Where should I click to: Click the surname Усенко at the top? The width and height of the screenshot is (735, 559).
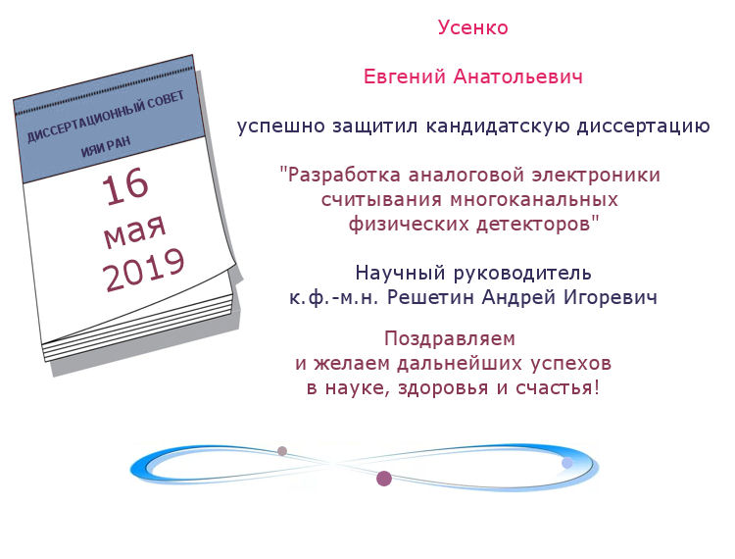tap(473, 27)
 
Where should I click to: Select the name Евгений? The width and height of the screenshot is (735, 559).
tap(404, 76)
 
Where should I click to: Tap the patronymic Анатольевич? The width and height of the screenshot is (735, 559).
tap(518, 76)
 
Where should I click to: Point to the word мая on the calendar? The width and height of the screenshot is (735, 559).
tap(134, 230)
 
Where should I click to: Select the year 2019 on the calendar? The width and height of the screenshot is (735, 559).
tap(143, 270)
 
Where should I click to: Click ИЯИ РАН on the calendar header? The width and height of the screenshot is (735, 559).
tap(106, 147)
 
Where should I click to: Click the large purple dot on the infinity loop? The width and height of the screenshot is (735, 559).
tap(384, 479)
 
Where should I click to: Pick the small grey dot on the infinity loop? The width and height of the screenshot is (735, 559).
tap(281, 451)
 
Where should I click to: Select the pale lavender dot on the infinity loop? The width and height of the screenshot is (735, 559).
tap(567, 463)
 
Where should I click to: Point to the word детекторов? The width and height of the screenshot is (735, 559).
tap(533, 225)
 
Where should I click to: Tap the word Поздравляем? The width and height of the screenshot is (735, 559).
tap(450, 338)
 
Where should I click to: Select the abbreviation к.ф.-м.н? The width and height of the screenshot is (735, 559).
tap(334, 298)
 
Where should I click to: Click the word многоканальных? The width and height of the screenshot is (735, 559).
tap(534, 200)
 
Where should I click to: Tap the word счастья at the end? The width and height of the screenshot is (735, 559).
tap(554, 388)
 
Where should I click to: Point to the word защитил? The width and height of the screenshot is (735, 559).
tap(375, 127)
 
